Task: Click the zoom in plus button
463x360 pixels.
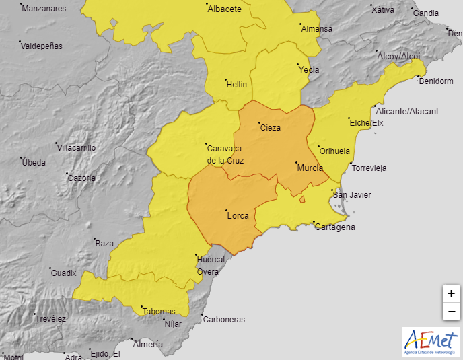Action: [451, 293]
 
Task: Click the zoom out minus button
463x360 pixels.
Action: [451, 312]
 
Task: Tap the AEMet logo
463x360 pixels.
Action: [431, 342]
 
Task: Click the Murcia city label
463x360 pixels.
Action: [310, 168]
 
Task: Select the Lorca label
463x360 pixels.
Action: [238, 216]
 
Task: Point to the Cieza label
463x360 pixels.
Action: [270, 128]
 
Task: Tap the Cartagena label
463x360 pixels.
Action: [334, 227]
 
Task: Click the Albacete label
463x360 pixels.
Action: [224, 9]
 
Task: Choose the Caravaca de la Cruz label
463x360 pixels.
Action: [225, 154]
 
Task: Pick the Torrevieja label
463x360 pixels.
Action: [369, 168]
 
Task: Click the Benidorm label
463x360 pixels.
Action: [435, 81]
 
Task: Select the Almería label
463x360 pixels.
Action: [148, 345]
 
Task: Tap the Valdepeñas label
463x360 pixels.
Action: [41, 46]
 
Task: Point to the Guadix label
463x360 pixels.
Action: [64, 273]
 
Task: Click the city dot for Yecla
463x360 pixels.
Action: [299, 65]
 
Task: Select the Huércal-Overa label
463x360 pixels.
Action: [208, 265]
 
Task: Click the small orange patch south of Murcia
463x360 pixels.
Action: [302, 199]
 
